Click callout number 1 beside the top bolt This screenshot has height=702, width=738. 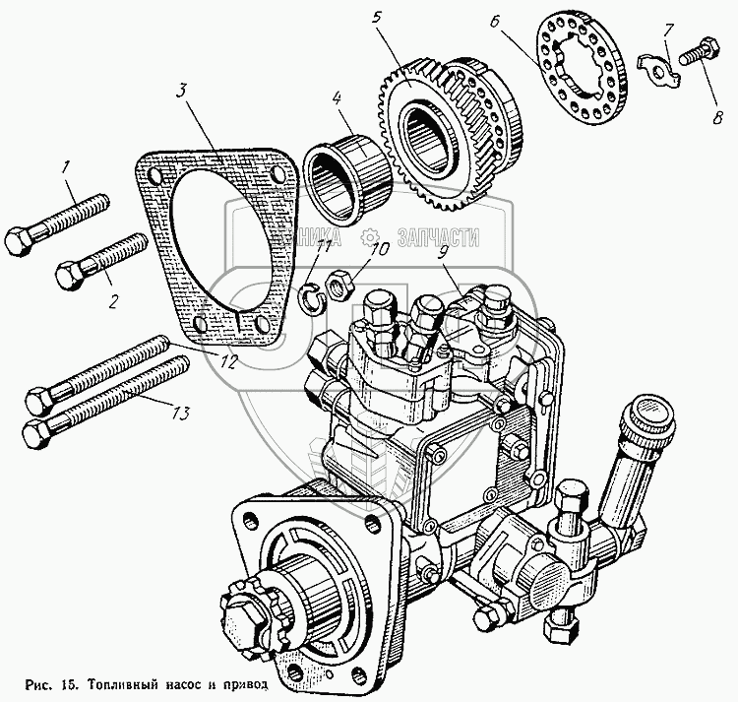pos(68,167)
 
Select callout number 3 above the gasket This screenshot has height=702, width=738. pos(182,92)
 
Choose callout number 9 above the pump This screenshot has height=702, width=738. pos(445,253)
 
